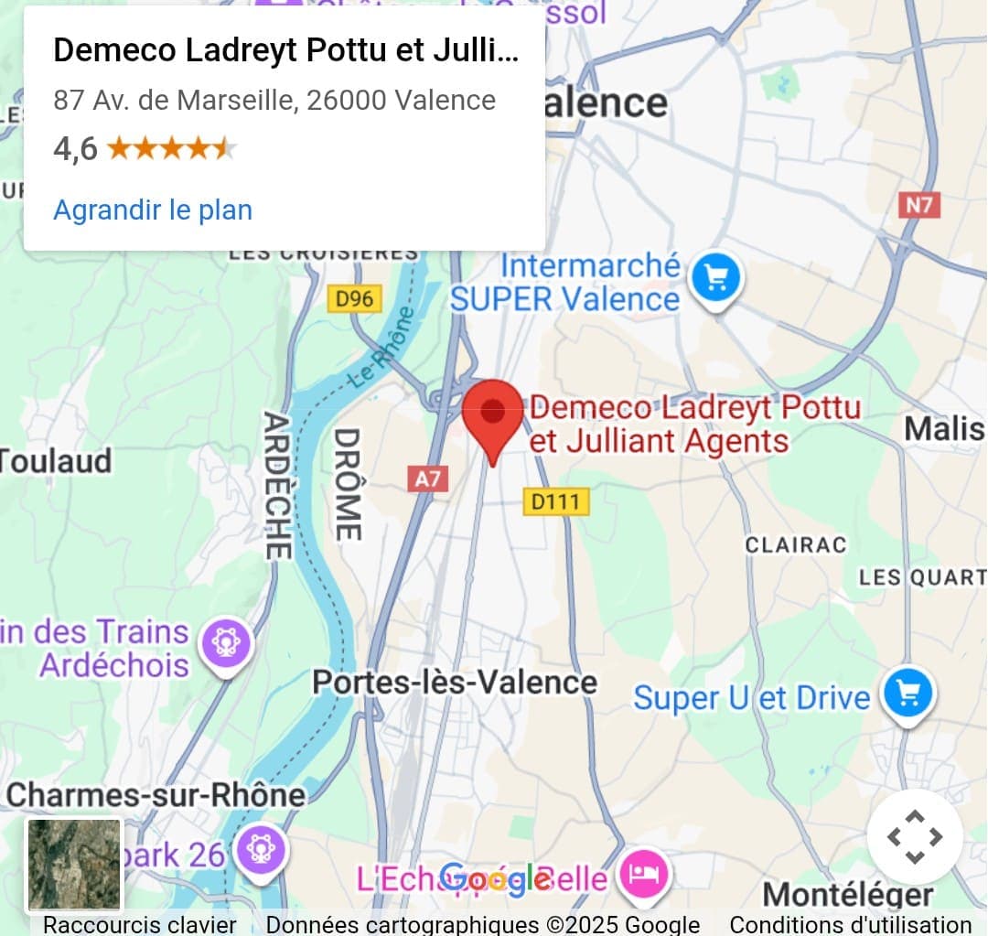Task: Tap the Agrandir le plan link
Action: click(153, 210)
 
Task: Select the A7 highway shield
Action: click(428, 479)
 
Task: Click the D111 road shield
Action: click(556, 501)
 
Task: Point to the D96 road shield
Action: click(354, 299)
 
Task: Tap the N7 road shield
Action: click(919, 204)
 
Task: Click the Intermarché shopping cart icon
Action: click(715, 278)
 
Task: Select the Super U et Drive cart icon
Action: click(907, 694)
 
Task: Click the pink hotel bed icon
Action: click(645, 877)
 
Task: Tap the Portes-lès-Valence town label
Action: click(455, 682)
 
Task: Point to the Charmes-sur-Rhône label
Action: click(156, 794)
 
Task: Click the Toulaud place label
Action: click(55, 461)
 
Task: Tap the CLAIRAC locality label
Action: click(796, 545)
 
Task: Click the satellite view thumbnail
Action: click(74, 865)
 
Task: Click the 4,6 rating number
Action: click(75, 148)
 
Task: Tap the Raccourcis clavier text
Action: click(139, 925)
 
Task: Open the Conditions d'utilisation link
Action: click(851, 925)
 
